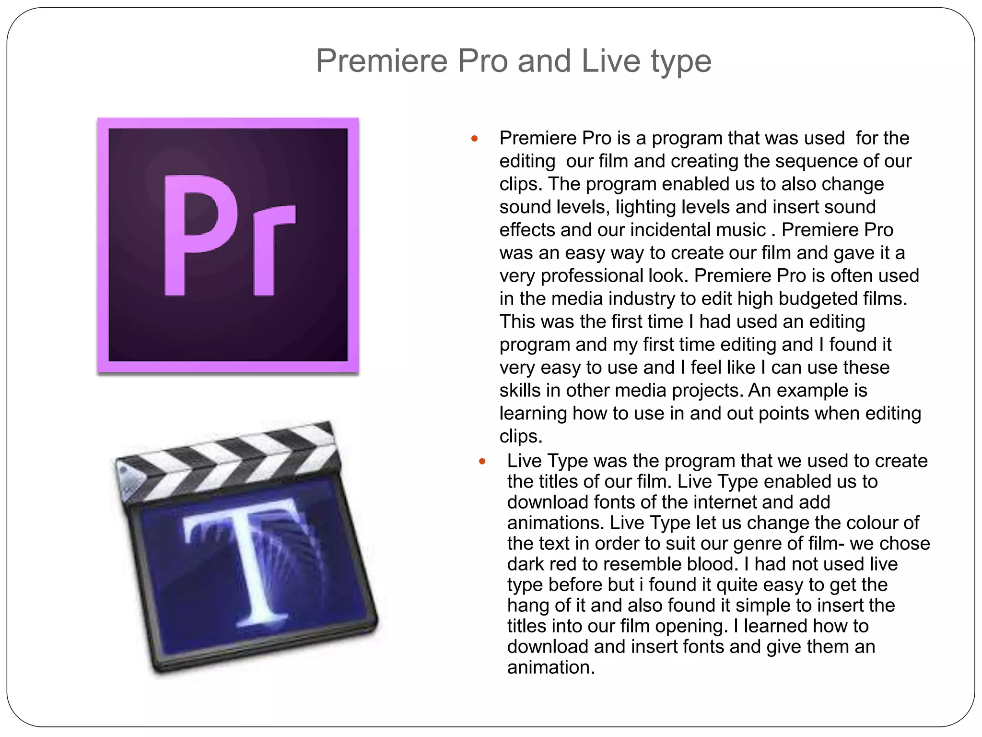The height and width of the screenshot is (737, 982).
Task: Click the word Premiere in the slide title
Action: [x=382, y=61]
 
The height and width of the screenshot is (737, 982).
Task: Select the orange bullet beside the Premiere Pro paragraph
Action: [x=475, y=139]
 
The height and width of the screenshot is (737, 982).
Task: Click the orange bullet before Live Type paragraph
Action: [x=482, y=462]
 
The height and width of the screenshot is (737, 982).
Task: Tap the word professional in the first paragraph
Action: [x=592, y=276]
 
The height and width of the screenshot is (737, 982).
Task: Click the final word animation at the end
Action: [x=551, y=667]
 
